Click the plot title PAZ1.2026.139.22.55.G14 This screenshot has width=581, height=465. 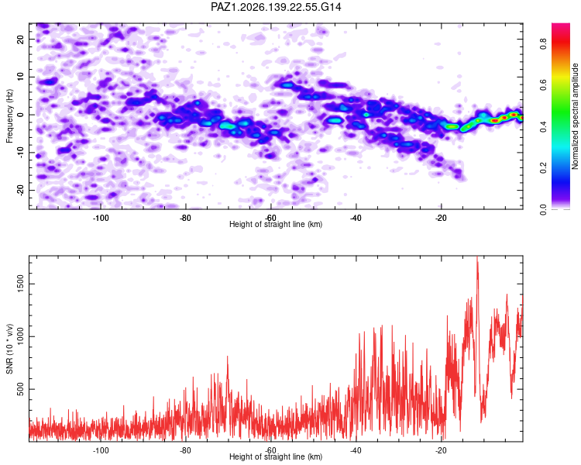[276, 7]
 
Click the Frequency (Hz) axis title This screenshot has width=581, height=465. [9, 116]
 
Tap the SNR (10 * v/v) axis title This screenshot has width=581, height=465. [9, 349]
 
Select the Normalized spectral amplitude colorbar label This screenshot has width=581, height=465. [575, 116]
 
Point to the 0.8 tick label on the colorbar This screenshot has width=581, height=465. [543, 44]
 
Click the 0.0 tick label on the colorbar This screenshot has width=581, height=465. [543, 209]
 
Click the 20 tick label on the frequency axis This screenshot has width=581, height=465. [20, 39]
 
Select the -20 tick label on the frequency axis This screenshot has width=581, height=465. [20, 190]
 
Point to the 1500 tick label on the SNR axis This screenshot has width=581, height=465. [20, 284]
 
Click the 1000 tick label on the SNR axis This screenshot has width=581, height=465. [20, 336]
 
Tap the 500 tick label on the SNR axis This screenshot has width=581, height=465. [20, 389]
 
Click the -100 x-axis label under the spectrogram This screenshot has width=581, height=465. [101, 218]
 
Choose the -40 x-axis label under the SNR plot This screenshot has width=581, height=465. [356, 450]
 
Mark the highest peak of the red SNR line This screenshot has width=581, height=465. [477, 257]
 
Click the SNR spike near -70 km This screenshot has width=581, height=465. [228, 356]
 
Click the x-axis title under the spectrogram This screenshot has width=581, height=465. [276, 224]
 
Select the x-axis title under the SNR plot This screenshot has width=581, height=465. [276, 456]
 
